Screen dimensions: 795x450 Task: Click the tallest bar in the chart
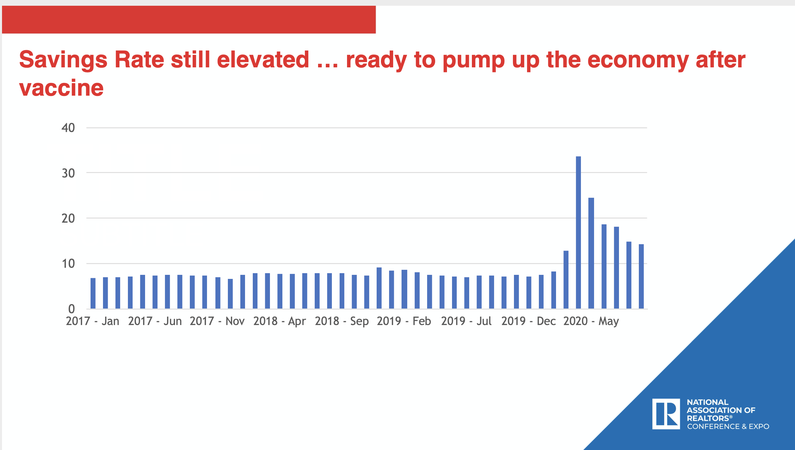[x=578, y=232]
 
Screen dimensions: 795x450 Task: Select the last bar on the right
[x=641, y=276]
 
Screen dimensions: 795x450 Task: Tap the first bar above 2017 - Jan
[x=93, y=293]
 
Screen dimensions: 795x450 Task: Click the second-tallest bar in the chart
[x=591, y=253]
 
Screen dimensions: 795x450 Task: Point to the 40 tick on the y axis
[x=68, y=128]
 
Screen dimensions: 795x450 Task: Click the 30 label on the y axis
[x=68, y=173]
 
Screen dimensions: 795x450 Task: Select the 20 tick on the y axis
[x=68, y=218]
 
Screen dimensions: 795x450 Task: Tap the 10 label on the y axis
[x=68, y=263]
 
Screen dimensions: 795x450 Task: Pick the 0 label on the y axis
[x=71, y=309]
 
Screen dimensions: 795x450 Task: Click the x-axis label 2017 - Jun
[x=155, y=321]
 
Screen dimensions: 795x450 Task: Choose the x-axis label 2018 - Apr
[x=279, y=321]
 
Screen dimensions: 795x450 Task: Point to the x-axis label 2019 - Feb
[x=404, y=321]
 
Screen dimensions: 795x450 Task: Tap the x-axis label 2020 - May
[x=591, y=321]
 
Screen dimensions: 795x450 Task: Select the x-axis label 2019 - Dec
[x=528, y=321]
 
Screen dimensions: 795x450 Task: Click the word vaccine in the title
[x=61, y=88]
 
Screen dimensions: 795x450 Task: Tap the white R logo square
[x=666, y=414]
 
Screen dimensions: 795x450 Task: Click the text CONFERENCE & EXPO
[x=728, y=426]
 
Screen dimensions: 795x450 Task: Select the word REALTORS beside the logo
[x=708, y=418]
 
